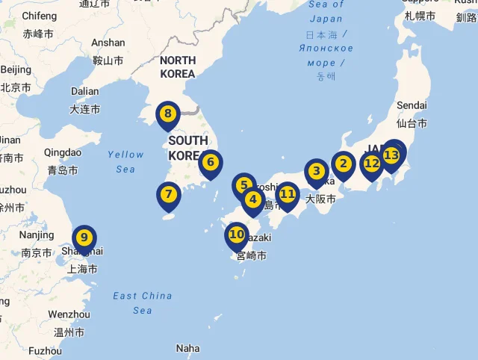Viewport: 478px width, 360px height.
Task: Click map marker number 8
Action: pos(168,115)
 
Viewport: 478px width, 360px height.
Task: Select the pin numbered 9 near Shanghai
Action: pos(84,238)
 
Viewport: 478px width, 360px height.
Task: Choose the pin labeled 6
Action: pos(211,162)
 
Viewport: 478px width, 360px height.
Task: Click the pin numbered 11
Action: pos(288,195)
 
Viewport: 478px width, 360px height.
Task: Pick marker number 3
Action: pos(316,171)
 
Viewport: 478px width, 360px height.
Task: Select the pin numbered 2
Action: pos(344,163)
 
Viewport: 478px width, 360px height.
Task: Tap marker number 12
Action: pos(372,164)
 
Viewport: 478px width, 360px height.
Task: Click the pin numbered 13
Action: pos(392,155)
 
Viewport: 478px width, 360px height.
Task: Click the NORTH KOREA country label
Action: pos(178,66)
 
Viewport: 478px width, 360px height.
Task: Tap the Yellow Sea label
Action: pos(125,161)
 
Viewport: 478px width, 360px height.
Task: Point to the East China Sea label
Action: pos(143,302)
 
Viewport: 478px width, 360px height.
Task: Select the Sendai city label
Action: pos(412,105)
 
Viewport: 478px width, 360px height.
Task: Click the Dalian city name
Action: pos(84,92)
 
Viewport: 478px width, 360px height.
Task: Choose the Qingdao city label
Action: pos(63,153)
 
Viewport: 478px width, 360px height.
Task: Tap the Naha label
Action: pos(188,348)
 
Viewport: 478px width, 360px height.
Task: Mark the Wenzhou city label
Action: pos(69,315)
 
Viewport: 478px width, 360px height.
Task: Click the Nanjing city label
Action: pos(37,235)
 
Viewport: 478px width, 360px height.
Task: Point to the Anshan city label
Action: pos(108,43)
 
